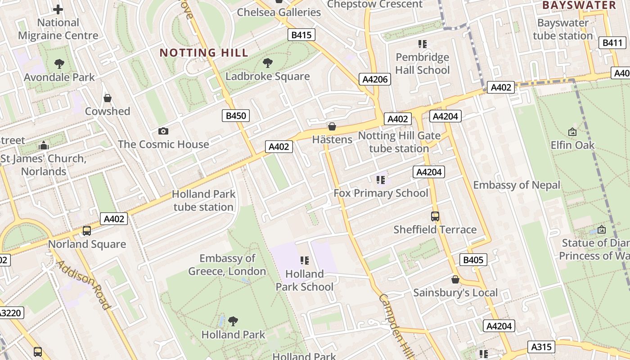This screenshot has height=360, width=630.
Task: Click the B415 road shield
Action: click(x=301, y=35)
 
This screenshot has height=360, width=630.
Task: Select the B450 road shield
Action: click(x=236, y=116)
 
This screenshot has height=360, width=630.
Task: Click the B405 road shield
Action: click(x=473, y=260)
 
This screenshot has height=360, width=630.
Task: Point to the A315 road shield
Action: click(x=541, y=347)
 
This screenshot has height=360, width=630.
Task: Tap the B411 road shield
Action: click(x=612, y=43)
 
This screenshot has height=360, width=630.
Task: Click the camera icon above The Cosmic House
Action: click(x=163, y=131)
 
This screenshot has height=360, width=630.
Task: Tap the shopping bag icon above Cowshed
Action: click(x=108, y=98)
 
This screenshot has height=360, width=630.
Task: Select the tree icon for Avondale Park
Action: click(x=59, y=64)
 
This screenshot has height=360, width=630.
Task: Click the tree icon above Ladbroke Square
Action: click(x=268, y=63)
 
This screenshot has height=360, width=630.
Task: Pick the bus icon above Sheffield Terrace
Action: click(x=435, y=216)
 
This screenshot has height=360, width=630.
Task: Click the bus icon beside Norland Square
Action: click(x=87, y=231)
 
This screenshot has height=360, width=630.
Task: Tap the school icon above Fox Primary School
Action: click(x=381, y=180)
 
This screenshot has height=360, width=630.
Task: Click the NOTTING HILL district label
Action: click(x=204, y=53)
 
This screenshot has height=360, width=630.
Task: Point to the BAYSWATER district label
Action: click(x=579, y=5)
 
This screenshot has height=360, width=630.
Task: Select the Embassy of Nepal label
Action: click(x=517, y=185)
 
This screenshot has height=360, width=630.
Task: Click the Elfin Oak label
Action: click(x=572, y=145)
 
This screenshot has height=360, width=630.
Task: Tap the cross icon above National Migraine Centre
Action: click(x=58, y=9)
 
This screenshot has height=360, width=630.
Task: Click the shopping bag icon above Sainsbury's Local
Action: click(x=455, y=279)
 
